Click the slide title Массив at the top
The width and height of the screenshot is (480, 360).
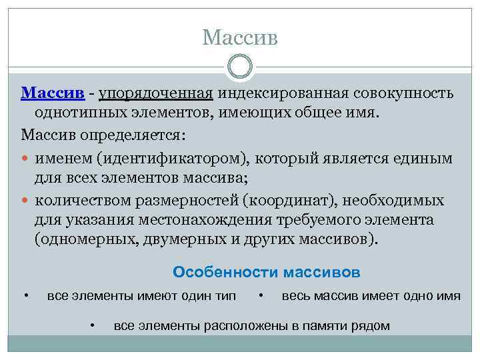[x=239, y=37]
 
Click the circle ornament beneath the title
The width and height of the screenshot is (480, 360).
[x=240, y=68]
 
